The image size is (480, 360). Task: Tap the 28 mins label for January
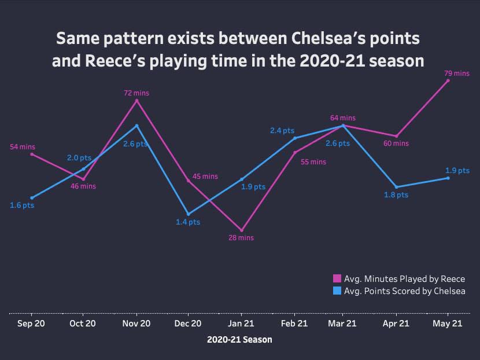tap(242, 238)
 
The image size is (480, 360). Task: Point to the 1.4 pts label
tap(188, 222)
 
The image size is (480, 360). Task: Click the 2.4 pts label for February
tap(282, 131)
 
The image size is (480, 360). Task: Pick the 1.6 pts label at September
tap(22, 205)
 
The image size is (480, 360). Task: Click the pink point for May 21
tap(448, 80)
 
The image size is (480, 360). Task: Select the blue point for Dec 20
tap(188, 214)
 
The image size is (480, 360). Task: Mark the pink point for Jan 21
tap(242, 230)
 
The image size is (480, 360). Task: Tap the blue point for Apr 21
tap(396, 188)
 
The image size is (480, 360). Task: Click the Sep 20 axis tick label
tap(32, 324)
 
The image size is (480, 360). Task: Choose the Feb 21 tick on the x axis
tap(294, 324)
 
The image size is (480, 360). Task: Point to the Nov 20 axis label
tap(136, 324)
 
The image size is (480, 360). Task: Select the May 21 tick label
tap(448, 324)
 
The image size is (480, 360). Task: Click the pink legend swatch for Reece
tap(337, 279)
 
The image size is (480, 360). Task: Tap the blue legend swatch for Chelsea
tap(337, 291)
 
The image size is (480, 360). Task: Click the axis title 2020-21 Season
tap(239, 340)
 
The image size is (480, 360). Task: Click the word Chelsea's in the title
tap(335, 39)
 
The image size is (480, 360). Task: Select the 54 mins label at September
tap(23, 147)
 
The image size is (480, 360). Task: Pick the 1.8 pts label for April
tap(396, 196)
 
